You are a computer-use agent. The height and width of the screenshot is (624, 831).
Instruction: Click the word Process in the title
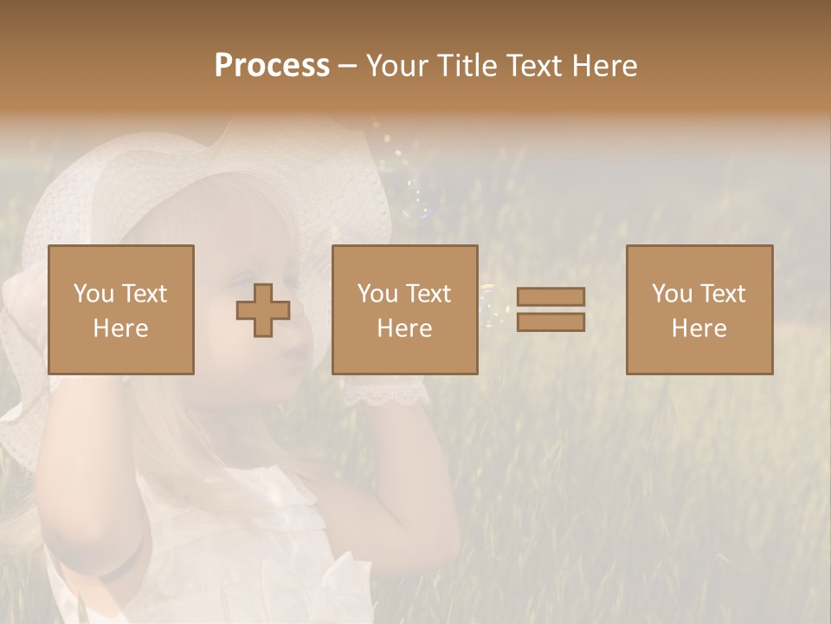click(272, 66)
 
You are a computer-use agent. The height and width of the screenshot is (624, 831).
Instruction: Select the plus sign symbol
click(263, 310)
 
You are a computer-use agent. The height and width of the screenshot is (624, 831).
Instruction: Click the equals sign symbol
click(551, 309)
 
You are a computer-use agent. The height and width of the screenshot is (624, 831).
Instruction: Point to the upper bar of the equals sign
click(551, 296)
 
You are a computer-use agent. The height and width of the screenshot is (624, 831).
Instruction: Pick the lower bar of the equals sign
click(551, 322)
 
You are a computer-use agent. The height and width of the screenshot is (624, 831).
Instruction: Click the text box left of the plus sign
click(120, 309)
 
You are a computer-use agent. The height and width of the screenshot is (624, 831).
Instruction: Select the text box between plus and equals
click(404, 309)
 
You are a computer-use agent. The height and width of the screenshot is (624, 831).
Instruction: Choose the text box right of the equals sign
click(699, 309)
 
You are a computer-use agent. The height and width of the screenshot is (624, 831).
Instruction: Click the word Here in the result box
click(699, 328)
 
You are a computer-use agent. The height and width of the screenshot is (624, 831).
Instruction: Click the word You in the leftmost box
click(93, 294)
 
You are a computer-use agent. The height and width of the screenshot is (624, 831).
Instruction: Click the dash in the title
click(347, 67)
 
